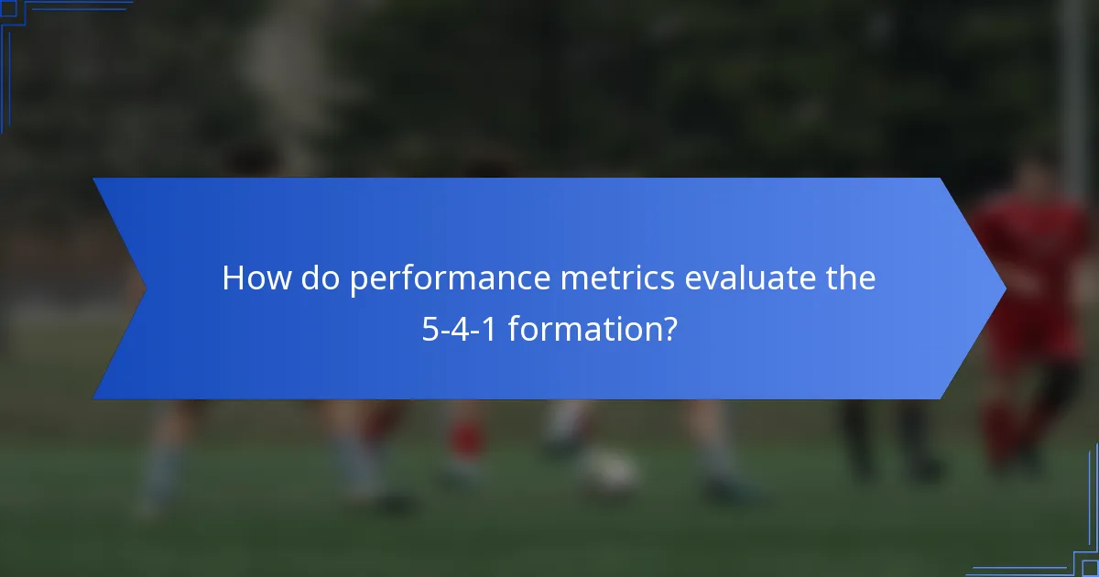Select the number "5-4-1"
pos(460,329)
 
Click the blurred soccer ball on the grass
pos(609,472)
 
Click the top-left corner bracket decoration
pos(18,18)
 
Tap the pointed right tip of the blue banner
pos(1005,288)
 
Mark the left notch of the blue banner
pos(145,288)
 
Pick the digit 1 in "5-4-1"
pos(490,329)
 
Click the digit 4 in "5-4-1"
pos(461,329)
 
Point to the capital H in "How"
pos(234,278)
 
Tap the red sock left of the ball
pos(467,440)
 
